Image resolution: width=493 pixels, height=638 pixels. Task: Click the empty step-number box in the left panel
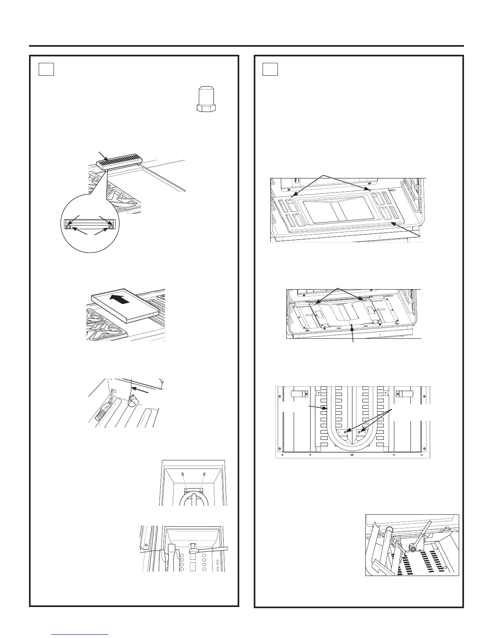(x=46, y=69)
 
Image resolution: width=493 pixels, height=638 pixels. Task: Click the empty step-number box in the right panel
(x=269, y=69)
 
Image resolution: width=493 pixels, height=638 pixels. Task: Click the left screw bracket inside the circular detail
(x=69, y=228)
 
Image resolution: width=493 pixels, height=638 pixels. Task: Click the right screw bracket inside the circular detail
(x=111, y=228)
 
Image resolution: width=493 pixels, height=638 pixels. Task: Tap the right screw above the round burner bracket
(x=205, y=474)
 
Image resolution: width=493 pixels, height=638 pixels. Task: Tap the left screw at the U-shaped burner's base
(x=346, y=431)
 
